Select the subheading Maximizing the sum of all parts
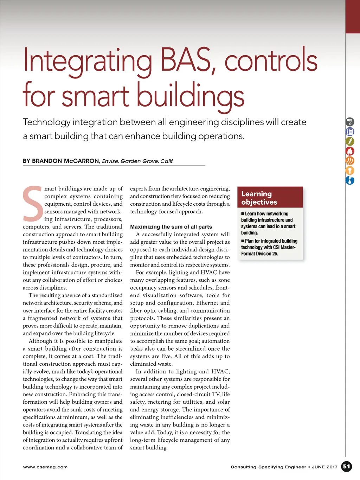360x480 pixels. pos(171,227)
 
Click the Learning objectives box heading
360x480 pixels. pos(259,198)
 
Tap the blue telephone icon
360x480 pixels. pos(350,132)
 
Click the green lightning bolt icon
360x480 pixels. pos(350,141)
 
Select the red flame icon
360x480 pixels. pos(350,151)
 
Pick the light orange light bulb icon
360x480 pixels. pos(350,171)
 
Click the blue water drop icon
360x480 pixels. pos(350,180)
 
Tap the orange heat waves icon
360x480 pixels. pos(350,161)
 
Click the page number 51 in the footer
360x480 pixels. pos(347,467)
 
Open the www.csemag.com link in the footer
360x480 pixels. pos(45,467)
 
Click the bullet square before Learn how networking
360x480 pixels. pos(243,214)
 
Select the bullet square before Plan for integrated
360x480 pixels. pos(243,241)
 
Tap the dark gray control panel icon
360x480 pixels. pos(350,122)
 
